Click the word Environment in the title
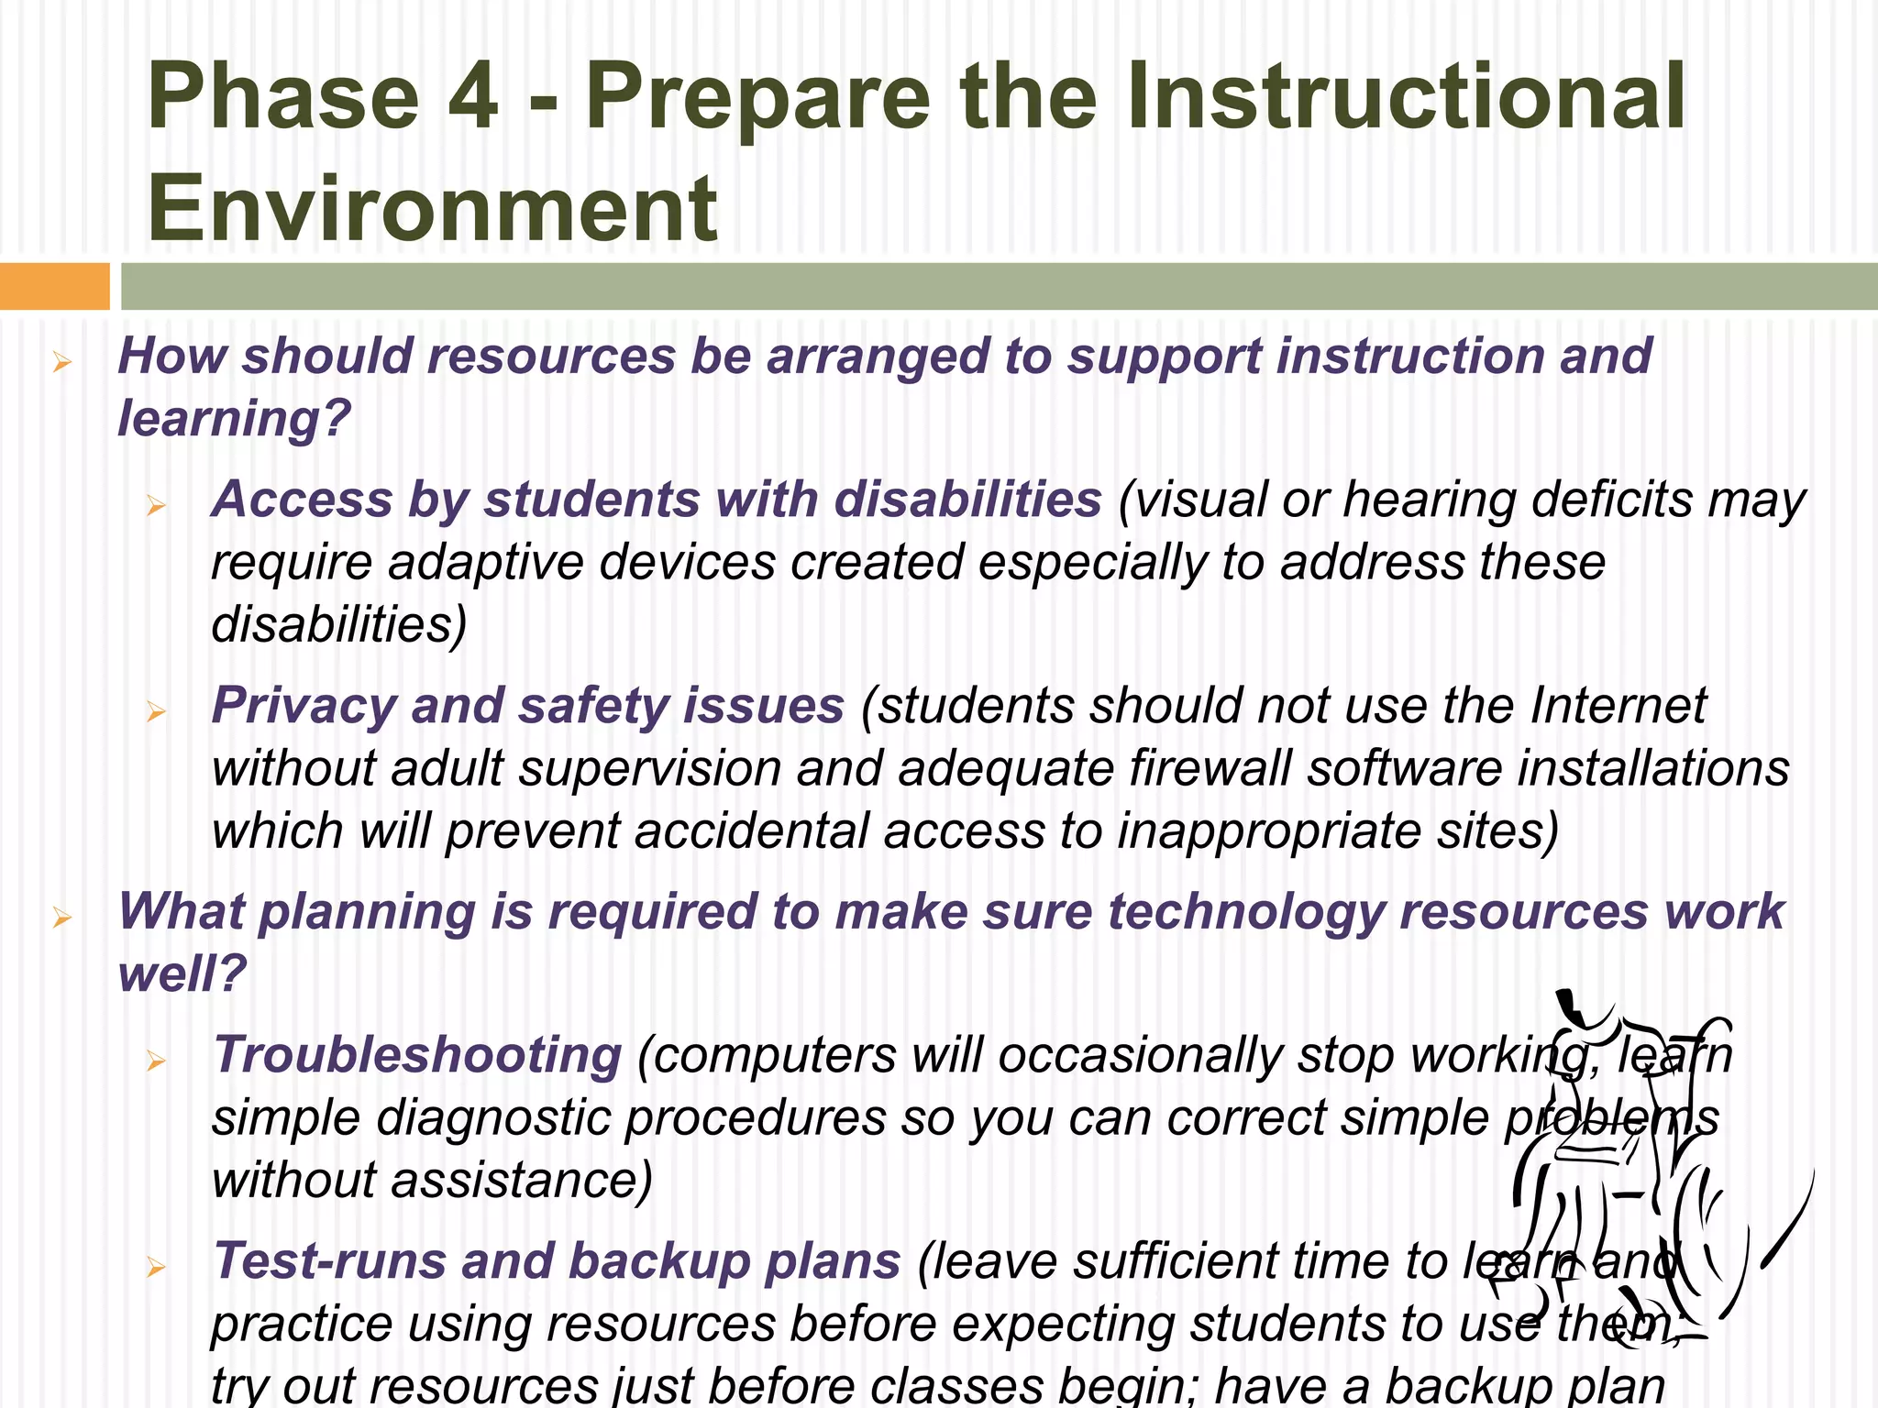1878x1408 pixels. point(432,208)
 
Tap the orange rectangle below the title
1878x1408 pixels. point(54,286)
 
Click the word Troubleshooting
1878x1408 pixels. point(417,1055)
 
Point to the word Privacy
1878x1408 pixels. point(303,706)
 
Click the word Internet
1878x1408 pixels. point(1618,706)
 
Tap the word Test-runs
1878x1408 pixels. point(328,1261)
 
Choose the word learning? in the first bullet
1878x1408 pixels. point(235,419)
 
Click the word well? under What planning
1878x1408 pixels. point(182,973)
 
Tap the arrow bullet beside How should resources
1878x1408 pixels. point(62,363)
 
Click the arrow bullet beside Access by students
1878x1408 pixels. point(156,505)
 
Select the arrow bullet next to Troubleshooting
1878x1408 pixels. point(156,1061)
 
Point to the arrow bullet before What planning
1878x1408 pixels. point(62,918)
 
